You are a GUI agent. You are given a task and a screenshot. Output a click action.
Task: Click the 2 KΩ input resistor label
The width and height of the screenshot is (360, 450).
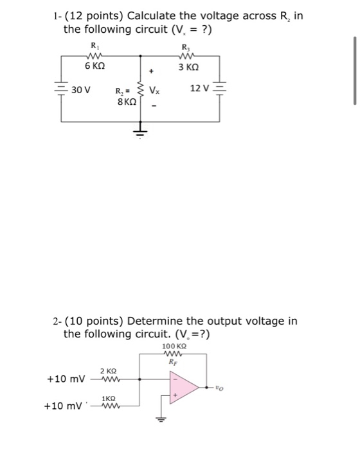click(108, 371)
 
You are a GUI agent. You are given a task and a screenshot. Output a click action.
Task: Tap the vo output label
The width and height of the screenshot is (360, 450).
click(222, 388)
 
